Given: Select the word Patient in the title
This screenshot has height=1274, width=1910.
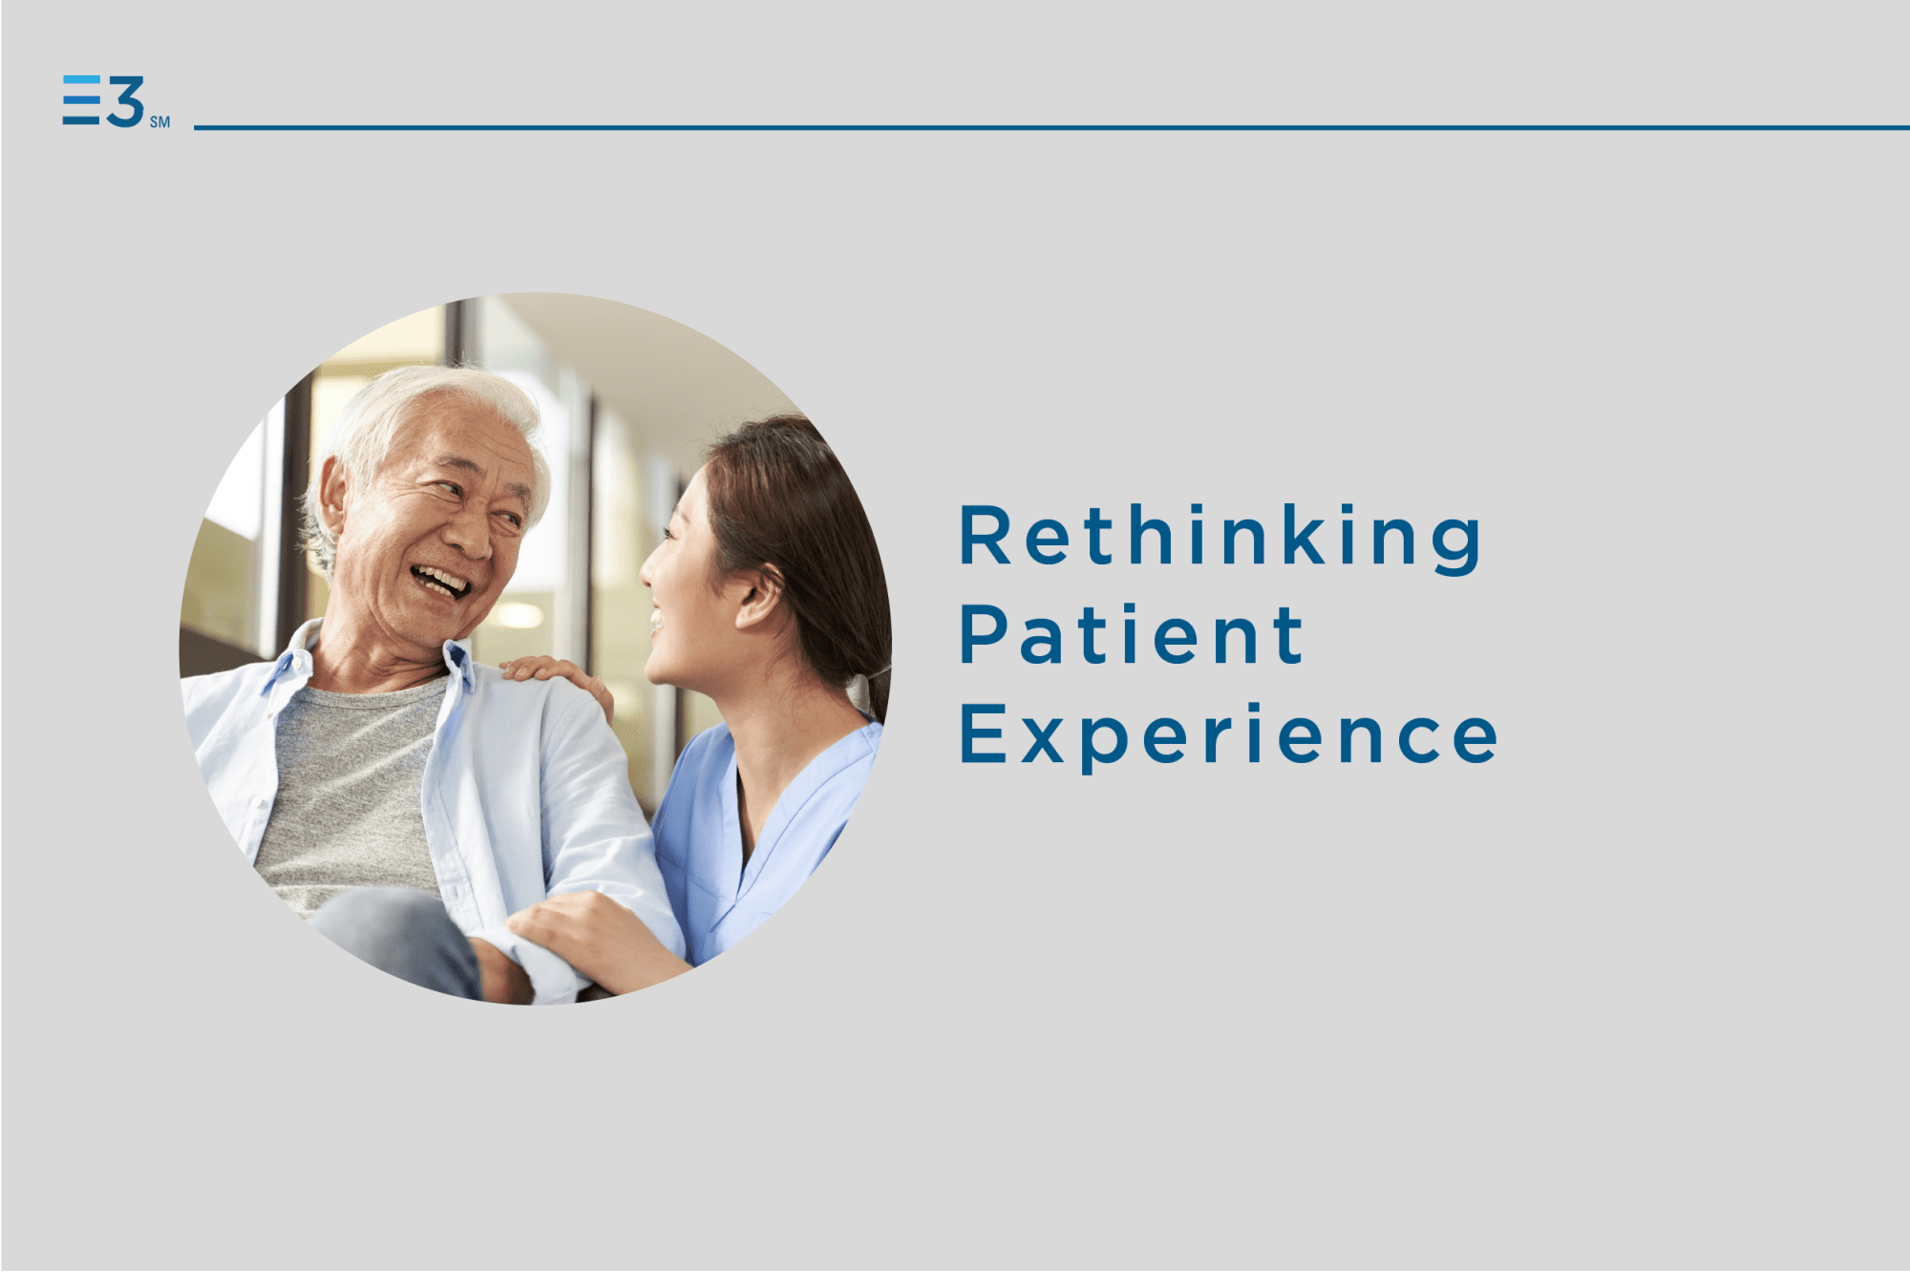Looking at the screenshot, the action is click(1132, 634).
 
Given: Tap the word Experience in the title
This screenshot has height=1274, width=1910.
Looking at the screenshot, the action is click(1229, 735).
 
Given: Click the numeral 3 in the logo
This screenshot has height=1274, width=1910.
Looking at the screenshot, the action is click(125, 101).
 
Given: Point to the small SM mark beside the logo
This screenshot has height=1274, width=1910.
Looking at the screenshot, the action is click(159, 122).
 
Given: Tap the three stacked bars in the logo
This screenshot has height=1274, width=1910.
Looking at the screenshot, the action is click(81, 100).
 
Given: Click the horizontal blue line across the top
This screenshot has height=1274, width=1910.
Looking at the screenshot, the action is click(1051, 127).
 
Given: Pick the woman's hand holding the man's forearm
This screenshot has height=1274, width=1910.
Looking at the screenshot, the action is click(592, 941).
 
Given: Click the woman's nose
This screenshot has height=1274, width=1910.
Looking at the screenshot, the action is click(649, 569).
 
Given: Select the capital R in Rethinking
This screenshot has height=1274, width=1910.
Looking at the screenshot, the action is click(984, 536).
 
